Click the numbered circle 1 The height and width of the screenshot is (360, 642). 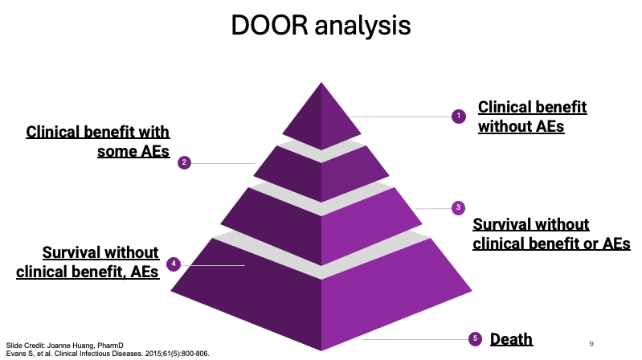pos(459,117)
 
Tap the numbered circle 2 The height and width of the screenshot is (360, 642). pos(184,162)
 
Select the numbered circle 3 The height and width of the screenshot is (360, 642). pos(458,207)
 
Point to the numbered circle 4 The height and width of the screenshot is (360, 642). pos(174,264)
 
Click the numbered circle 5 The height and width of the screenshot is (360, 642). pos(475,338)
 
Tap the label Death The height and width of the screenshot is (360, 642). pos(512,338)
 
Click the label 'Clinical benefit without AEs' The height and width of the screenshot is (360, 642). pos(532,117)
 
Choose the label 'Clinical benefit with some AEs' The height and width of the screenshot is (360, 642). pos(99,141)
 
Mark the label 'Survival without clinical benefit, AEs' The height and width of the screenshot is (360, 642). pos(88,262)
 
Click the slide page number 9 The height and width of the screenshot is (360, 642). pos(591,342)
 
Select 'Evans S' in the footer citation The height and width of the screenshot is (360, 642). pos(17,353)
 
